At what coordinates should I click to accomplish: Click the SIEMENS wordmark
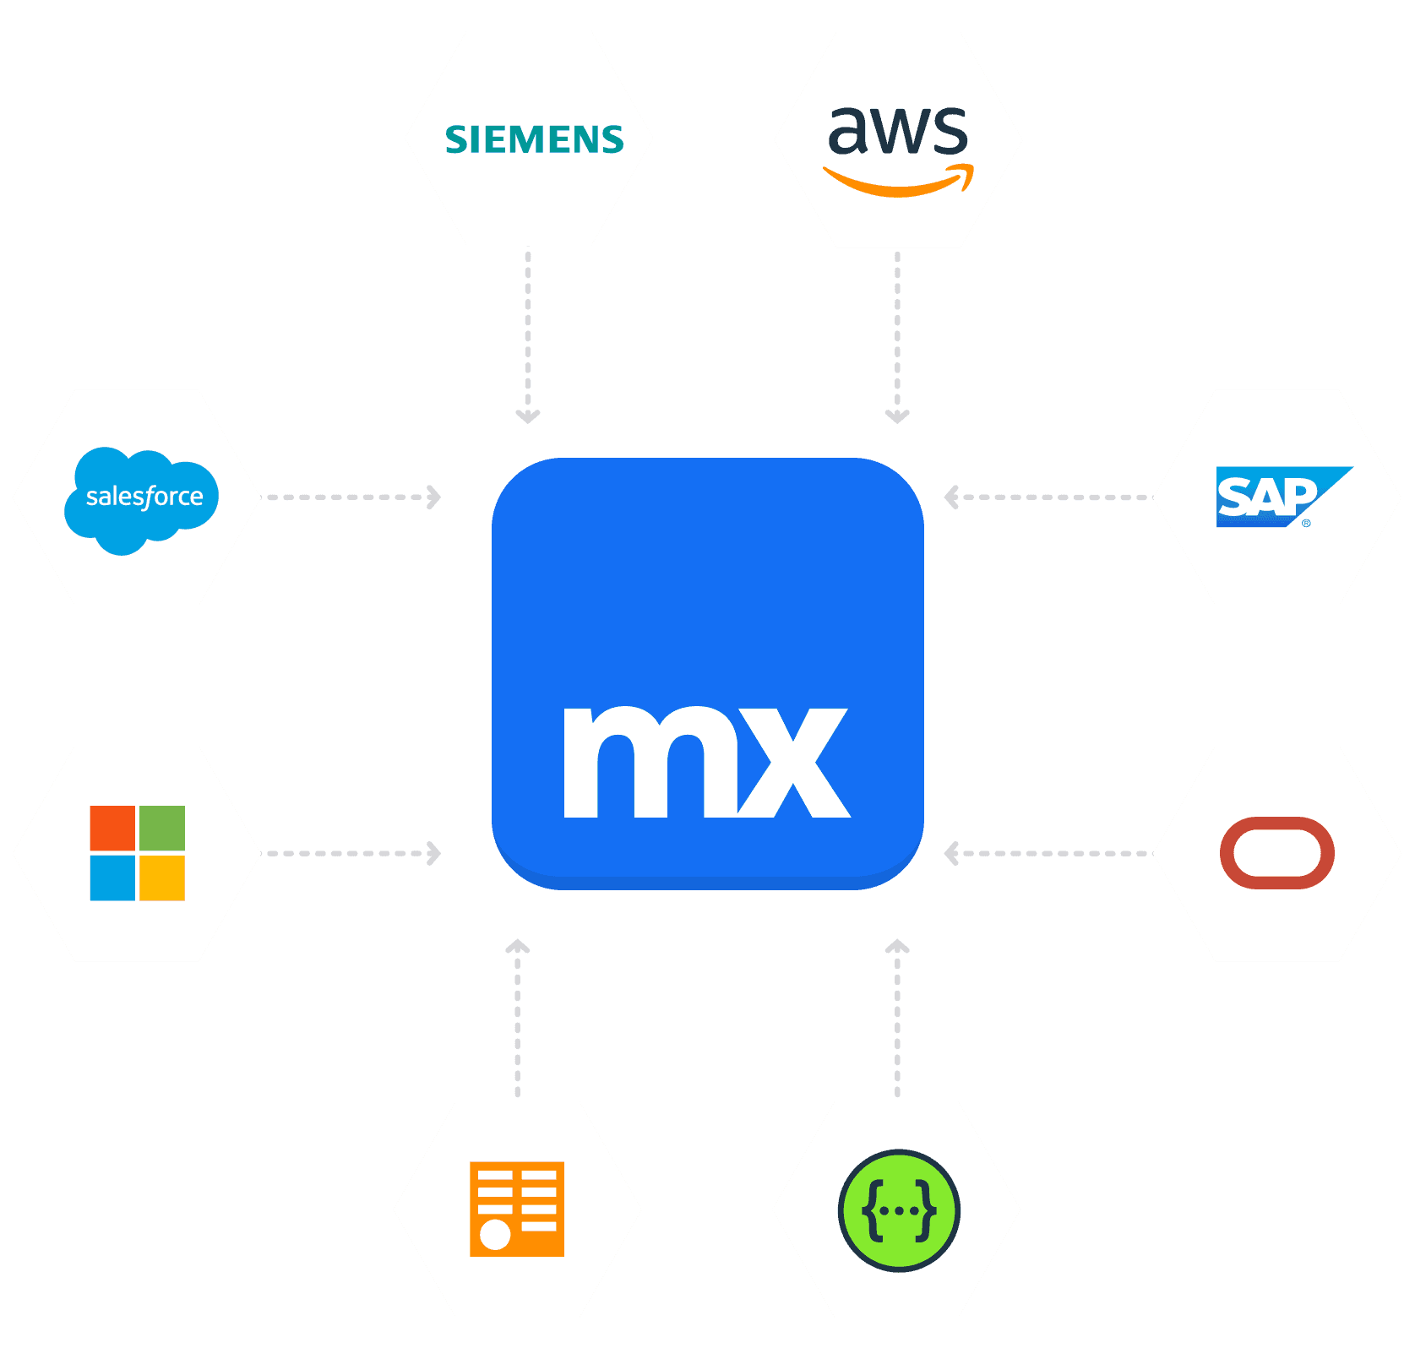coord(534,139)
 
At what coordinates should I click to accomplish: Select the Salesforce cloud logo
coord(141,498)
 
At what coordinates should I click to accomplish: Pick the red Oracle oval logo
coord(1276,852)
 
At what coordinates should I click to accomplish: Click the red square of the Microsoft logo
coord(112,828)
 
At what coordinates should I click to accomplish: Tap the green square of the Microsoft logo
coord(162,828)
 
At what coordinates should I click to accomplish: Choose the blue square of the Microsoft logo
coord(112,878)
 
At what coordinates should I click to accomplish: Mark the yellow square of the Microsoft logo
coord(162,878)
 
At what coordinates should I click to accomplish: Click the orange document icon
coord(517,1209)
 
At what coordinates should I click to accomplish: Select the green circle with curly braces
coord(899,1209)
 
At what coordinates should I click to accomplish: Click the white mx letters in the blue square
coord(706,762)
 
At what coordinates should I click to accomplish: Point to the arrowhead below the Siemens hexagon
coord(528,416)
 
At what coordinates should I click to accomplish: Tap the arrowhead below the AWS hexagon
coord(897,416)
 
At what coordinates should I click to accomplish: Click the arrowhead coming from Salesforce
coord(434,497)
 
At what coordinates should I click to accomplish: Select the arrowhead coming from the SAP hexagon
coord(951,497)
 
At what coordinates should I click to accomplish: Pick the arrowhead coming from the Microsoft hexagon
coord(434,853)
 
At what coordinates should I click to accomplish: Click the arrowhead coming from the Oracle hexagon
coord(951,853)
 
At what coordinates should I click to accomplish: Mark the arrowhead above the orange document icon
coord(517,946)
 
